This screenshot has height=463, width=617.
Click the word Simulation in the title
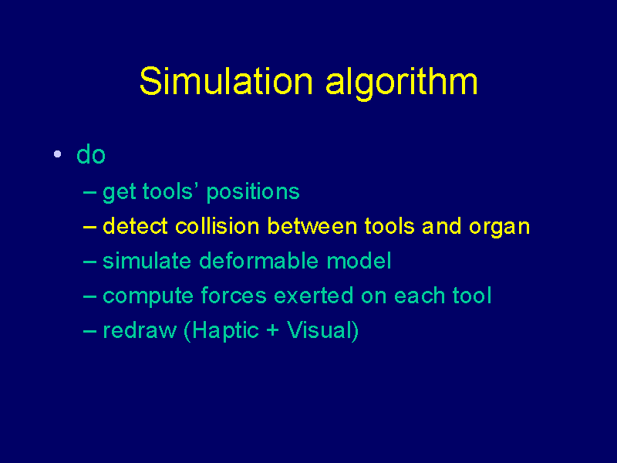point(226,81)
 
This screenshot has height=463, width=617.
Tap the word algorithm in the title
point(402,83)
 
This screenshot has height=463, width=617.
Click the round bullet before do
point(57,154)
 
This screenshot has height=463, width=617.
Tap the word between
point(312,226)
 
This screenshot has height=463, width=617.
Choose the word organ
point(499,228)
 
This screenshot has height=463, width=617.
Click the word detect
point(136,226)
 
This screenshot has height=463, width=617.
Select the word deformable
point(259,261)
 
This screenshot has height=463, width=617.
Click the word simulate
point(147,261)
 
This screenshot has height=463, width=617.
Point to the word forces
point(234,296)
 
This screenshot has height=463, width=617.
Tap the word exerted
point(314,296)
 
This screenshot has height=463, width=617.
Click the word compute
point(148,297)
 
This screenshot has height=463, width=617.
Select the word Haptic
point(225,332)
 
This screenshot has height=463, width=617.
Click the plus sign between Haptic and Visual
point(273,330)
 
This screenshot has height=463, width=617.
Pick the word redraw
point(140,330)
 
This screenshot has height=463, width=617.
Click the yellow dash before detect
point(89,227)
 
